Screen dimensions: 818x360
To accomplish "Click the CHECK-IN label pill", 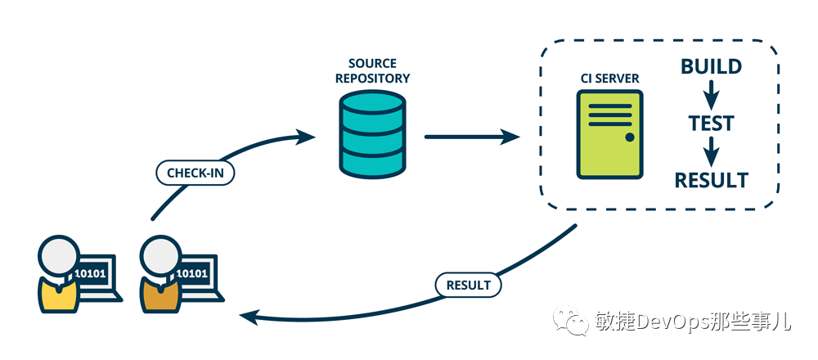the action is [196, 173].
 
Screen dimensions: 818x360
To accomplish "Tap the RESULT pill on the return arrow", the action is [468, 286].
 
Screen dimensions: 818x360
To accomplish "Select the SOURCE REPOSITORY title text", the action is [372, 71].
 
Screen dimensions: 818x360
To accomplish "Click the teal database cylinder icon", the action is [372, 135].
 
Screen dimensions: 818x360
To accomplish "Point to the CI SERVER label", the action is [610, 79].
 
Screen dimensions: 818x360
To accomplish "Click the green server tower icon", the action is [610, 135].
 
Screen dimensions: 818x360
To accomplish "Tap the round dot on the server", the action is [630, 137].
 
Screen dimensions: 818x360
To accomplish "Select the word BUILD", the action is [711, 67].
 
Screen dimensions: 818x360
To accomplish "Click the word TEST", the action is [711, 124].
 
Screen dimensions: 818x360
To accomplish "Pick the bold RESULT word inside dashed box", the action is [711, 180].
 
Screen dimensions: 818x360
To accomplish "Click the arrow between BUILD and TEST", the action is [711, 95].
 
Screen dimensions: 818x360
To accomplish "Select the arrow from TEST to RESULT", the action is [711, 152].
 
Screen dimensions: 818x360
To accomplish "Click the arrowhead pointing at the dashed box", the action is [510, 137].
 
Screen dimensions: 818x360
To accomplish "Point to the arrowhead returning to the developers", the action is [249, 316].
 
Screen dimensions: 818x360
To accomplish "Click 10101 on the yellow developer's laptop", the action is [90, 273].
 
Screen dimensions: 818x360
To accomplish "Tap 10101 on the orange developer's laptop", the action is [192, 273].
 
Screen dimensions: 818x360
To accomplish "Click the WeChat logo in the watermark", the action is [571, 320].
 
